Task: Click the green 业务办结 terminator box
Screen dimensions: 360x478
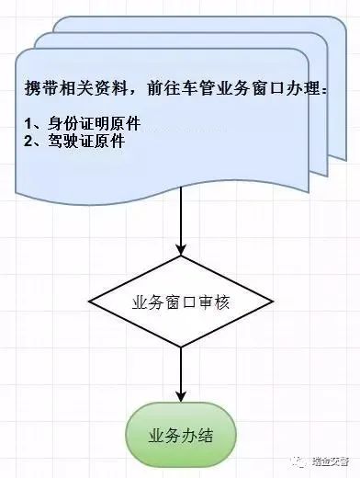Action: point(181,435)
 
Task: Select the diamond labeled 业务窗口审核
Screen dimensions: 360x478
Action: point(181,302)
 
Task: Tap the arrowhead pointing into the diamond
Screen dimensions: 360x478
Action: point(181,250)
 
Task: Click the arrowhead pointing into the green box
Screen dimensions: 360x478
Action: point(181,396)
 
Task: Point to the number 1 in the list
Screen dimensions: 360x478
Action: point(28,123)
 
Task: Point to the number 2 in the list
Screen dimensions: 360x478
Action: point(28,142)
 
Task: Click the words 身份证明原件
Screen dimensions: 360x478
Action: point(95,123)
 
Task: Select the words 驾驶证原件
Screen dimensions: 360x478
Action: point(86,142)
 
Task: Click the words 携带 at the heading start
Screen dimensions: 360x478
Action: point(40,88)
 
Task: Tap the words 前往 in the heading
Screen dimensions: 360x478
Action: point(164,88)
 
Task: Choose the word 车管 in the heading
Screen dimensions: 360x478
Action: point(199,88)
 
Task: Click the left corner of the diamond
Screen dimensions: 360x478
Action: point(88,302)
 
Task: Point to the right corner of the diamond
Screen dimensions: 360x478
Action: point(274,302)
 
